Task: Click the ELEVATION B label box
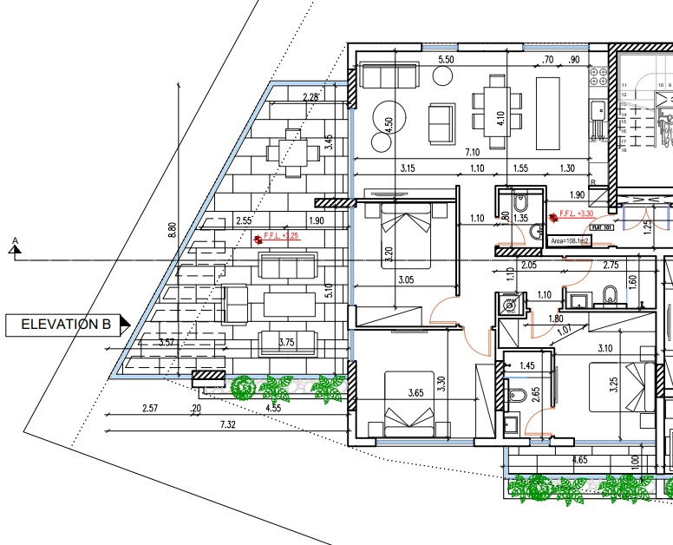pyautogui.click(x=66, y=325)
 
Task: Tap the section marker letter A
pyautogui.click(x=14, y=240)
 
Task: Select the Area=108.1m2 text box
pyautogui.click(x=570, y=240)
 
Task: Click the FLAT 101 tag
pyautogui.click(x=602, y=229)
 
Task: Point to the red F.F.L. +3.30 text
pyautogui.click(x=576, y=213)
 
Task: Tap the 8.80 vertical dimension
pyautogui.click(x=173, y=230)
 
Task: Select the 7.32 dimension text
pyautogui.click(x=228, y=424)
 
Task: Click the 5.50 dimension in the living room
pyautogui.click(x=447, y=60)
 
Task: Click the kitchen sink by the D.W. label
pyautogui.click(x=598, y=111)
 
